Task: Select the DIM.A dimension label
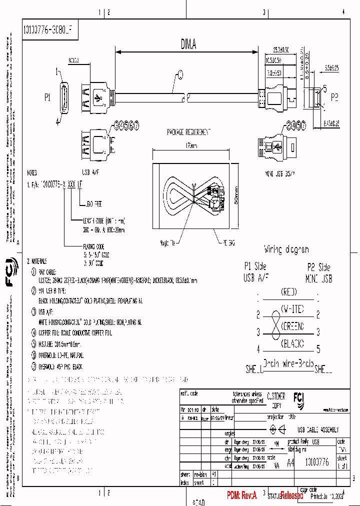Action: (188, 45)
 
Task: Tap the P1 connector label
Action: (48, 98)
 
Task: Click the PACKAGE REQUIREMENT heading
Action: (189, 132)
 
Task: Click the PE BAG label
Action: (228, 241)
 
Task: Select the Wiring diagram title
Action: (286, 249)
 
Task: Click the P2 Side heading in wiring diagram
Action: (319, 267)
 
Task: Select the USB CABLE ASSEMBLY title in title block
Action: (318, 430)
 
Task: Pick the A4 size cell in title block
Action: (290, 462)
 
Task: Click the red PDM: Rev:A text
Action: (241, 495)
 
